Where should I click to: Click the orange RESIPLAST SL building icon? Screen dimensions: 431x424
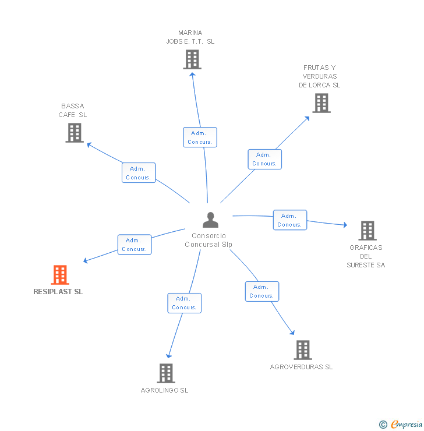click(60, 275)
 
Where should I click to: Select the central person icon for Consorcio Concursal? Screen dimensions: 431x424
click(210, 220)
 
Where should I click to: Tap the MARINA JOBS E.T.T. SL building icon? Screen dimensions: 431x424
click(192, 59)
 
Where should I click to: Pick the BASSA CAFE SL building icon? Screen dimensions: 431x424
click(75, 133)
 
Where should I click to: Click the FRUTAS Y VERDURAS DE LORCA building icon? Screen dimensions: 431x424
click(321, 103)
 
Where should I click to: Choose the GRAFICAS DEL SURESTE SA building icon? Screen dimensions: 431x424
click(368, 231)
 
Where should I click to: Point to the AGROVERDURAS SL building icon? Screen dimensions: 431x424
click(303, 350)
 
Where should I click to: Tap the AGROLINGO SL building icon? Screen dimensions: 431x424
click(166, 373)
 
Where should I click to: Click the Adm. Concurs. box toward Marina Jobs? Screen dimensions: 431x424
click(200, 137)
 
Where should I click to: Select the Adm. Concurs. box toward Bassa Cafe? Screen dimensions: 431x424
click(139, 173)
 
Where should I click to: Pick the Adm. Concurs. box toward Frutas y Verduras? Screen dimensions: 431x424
click(264, 159)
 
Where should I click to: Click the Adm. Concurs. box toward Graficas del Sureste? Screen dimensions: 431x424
click(289, 220)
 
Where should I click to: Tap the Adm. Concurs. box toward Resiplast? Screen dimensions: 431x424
click(134, 245)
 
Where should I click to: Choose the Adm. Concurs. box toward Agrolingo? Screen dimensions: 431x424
click(184, 303)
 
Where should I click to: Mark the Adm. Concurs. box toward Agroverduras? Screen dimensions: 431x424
click(262, 291)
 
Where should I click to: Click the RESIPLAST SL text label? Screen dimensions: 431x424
click(58, 292)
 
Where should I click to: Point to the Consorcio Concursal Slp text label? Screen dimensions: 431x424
click(209, 240)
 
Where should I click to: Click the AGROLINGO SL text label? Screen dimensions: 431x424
click(164, 390)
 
